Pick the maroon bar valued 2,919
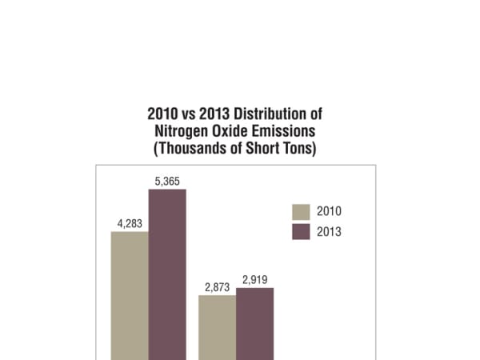point(254,323)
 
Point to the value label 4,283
point(130,223)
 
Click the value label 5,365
point(167,181)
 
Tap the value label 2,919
point(254,280)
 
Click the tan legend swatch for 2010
point(301,212)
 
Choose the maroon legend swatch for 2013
point(301,232)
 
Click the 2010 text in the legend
point(330,212)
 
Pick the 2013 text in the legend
point(330,232)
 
